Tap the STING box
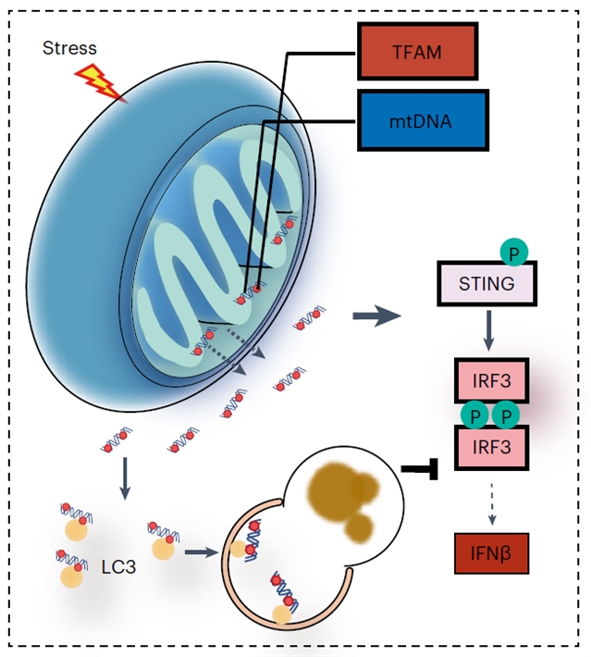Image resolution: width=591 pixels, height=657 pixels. pos(486,283)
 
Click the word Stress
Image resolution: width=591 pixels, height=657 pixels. pos(69,47)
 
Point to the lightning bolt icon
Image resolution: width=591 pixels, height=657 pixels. pos(103,81)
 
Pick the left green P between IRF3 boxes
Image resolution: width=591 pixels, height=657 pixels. pos(473,415)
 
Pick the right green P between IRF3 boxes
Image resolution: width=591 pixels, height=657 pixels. pos(505,415)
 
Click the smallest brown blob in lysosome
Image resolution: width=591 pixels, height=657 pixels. pos(359,528)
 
